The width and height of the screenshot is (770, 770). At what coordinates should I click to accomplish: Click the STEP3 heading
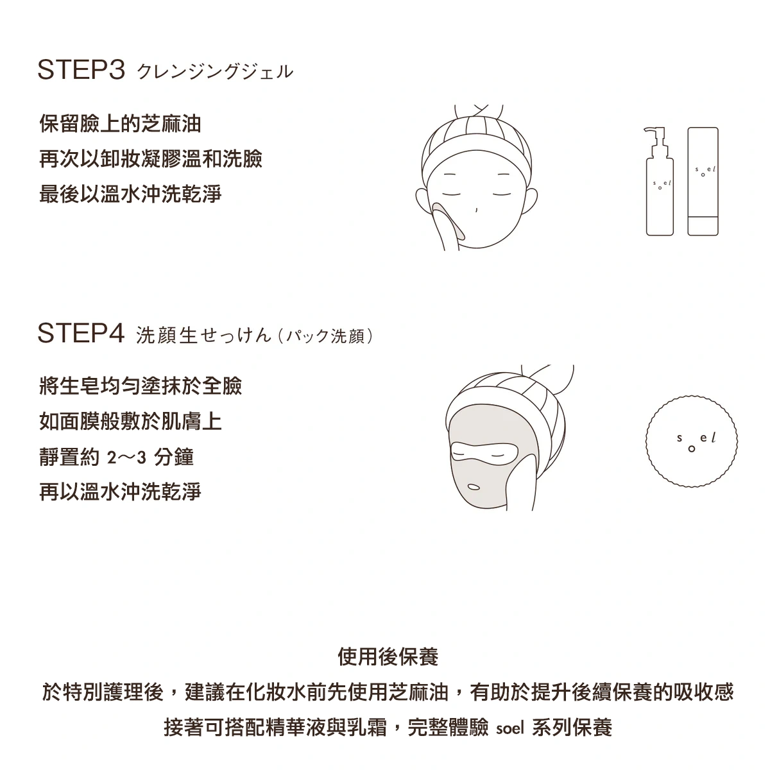[x=81, y=70]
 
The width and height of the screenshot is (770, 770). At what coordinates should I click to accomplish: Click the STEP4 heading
[x=81, y=333]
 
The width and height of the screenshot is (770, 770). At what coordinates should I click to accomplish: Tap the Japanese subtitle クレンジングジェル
[x=215, y=72]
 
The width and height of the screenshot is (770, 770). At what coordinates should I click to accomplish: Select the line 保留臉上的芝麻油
[x=120, y=123]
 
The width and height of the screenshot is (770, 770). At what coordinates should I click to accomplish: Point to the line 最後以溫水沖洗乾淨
[x=130, y=194]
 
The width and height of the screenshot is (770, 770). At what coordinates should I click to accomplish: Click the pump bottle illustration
[x=660, y=182]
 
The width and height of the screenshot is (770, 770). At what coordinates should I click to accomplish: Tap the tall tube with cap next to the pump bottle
[x=703, y=182]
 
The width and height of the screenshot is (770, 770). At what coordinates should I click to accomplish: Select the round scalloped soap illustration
[x=692, y=441]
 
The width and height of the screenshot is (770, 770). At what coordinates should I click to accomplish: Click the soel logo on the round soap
[x=696, y=441]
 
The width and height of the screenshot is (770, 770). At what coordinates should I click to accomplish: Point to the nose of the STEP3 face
[x=476, y=210]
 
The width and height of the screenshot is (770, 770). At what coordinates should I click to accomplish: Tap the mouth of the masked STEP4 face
[x=474, y=487]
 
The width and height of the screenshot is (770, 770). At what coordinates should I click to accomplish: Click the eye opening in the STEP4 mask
[x=484, y=454]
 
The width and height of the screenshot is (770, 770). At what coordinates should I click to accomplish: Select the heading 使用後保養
[x=388, y=656]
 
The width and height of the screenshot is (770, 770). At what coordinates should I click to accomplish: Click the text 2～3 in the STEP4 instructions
[x=126, y=457]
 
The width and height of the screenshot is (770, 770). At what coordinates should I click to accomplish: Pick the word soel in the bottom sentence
[x=509, y=728]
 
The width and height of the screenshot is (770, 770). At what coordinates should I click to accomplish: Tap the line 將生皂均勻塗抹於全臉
[x=141, y=386]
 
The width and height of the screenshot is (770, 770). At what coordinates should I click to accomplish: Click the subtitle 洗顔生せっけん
[x=204, y=335]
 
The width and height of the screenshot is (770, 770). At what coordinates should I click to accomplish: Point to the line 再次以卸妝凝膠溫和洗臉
[x=151, y=158]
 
